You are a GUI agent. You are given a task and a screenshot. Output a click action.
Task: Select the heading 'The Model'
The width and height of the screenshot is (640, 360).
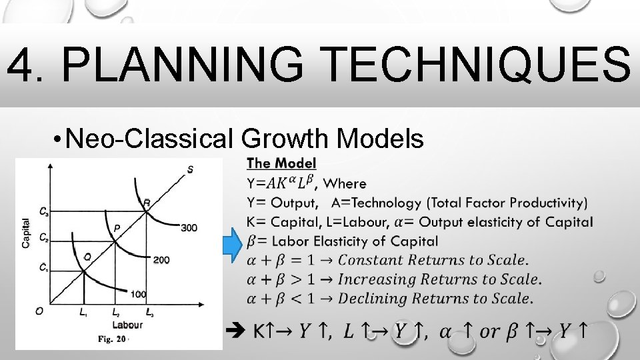tap(281, 163)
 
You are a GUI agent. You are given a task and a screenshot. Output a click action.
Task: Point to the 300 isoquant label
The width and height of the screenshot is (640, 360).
tap(189, 228)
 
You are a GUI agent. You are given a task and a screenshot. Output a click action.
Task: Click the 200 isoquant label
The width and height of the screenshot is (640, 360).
tap(161, 259)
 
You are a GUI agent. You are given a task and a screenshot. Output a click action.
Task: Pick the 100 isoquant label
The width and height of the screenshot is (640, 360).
tap(138, 294)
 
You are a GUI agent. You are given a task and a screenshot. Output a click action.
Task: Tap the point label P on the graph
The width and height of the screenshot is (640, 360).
tap(117, 228)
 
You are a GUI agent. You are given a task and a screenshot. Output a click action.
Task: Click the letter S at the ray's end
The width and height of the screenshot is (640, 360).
tap(191, 169)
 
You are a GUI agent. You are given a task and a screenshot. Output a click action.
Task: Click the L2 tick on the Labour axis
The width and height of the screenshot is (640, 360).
tap(115, 312)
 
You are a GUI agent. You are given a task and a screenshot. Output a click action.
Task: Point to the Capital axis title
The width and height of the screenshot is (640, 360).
tap(25, 233)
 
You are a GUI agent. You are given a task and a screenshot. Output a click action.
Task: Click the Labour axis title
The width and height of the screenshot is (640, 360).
tap(127, 325)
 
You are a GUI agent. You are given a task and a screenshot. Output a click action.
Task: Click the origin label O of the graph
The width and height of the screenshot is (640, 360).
tap(39, 311)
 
